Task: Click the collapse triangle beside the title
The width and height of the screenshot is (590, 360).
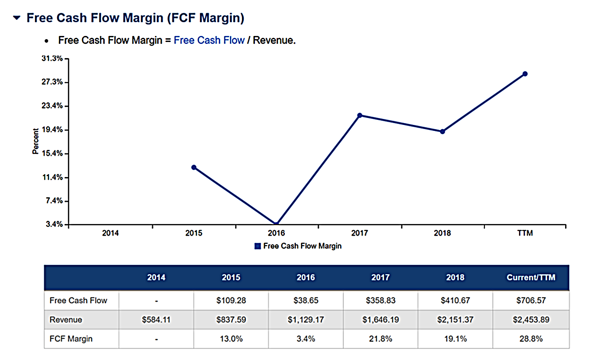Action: [x=17, y=18]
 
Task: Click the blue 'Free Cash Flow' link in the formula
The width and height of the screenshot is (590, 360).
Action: [x=209, y=40]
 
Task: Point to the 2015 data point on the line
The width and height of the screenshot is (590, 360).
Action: [x=194, y=167]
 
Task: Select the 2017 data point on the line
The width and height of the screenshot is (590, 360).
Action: [x=360, y=115]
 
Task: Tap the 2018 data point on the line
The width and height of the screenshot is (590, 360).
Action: [x=442, y=131]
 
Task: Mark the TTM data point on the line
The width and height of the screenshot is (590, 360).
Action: [x=525, y=74]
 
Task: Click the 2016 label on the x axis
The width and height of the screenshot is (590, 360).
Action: [x=277, y=233]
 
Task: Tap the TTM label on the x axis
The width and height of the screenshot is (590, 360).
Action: [x=525, y=233]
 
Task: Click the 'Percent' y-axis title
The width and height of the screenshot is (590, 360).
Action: [x=35, y=141]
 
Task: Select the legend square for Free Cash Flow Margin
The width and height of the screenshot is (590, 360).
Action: [x=258, y=246]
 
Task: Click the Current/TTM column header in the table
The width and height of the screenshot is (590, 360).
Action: [x=531, y=277]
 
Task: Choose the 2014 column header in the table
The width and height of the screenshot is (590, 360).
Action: [x=156, y=277]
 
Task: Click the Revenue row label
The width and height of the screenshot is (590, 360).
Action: [x=66, y=319]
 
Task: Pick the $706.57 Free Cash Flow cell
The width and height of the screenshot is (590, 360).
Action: [x=531, y=301]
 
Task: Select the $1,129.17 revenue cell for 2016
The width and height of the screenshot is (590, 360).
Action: [x=306, y=319]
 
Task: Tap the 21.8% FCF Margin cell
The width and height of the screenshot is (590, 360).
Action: [x=381, y=339]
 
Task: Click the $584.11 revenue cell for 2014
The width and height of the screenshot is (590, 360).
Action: [x=156, y=319]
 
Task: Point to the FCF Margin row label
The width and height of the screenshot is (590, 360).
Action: [x=71, y=339]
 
